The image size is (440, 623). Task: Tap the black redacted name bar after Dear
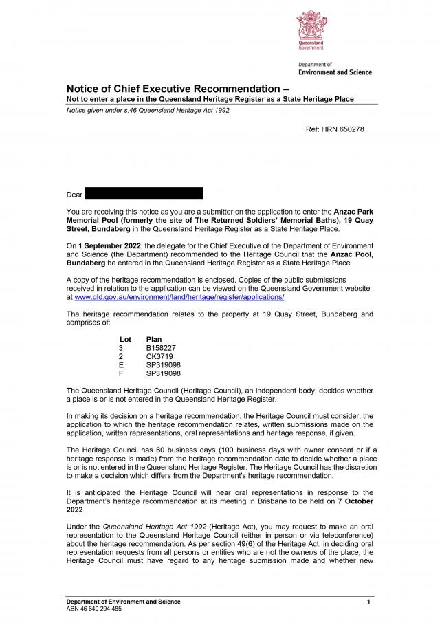click(x=144, y=193)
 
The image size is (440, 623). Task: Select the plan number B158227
click(x=161, y=349)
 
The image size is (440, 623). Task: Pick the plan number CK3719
click(x=159, y=357)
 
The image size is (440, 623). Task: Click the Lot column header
click(x=125, y=340)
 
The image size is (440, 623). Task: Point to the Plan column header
click(x=154, y=340)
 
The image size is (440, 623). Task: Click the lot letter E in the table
click(x=121, y=365)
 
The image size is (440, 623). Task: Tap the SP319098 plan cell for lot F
click(x=164, y=373)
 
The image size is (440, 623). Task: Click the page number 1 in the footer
click(x=369, y=602)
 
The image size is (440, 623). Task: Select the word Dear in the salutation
click(x=74, y=195)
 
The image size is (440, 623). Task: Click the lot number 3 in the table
click(x=121, y=349)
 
